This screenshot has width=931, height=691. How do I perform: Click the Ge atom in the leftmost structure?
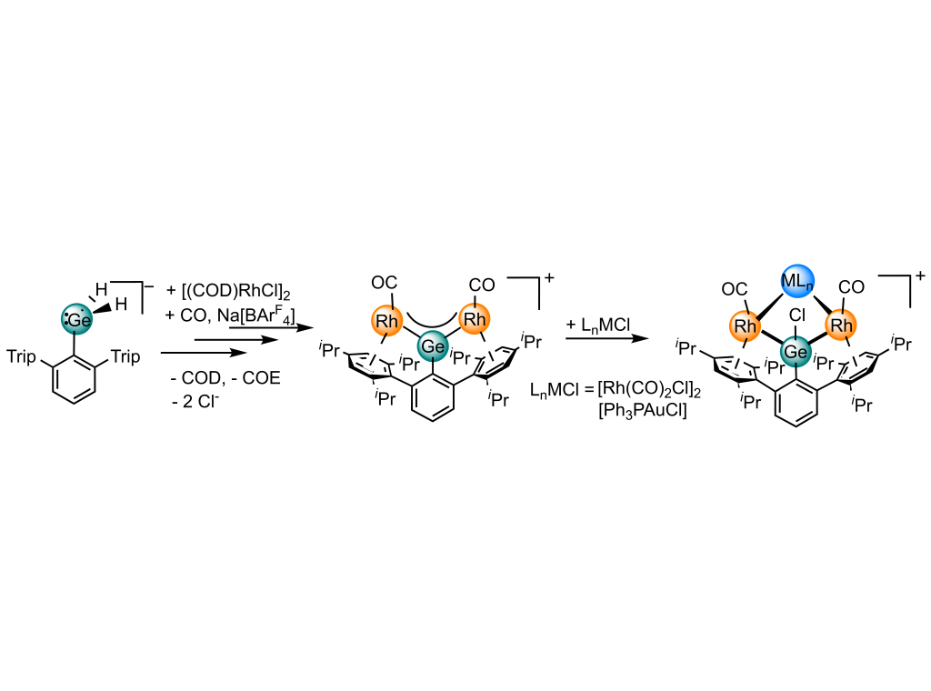78,319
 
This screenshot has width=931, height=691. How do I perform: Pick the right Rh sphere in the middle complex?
475,320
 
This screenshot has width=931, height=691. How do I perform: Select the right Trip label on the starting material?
125,357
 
